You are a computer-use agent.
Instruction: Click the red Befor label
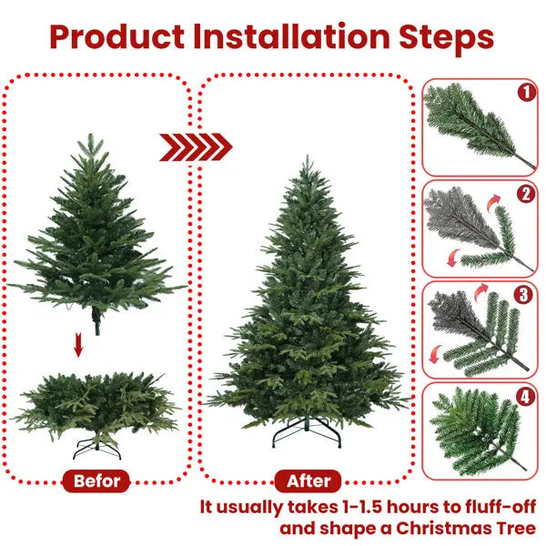[x=97, y=480]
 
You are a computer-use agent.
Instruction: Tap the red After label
[x=308, y=480]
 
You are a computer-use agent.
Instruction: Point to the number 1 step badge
[x=524, y=92]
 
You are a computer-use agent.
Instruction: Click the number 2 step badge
[x=524, y=194]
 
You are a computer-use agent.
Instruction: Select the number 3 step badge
[x=524, y=295]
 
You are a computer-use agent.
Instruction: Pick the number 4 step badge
[x=524, y=397]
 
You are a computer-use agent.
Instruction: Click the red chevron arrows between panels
[x=196, y=146]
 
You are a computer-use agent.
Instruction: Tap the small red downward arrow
[x=79, y=346]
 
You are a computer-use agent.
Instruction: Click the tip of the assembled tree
[x=308, y=160]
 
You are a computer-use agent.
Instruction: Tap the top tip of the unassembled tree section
[x=89, y=136]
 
